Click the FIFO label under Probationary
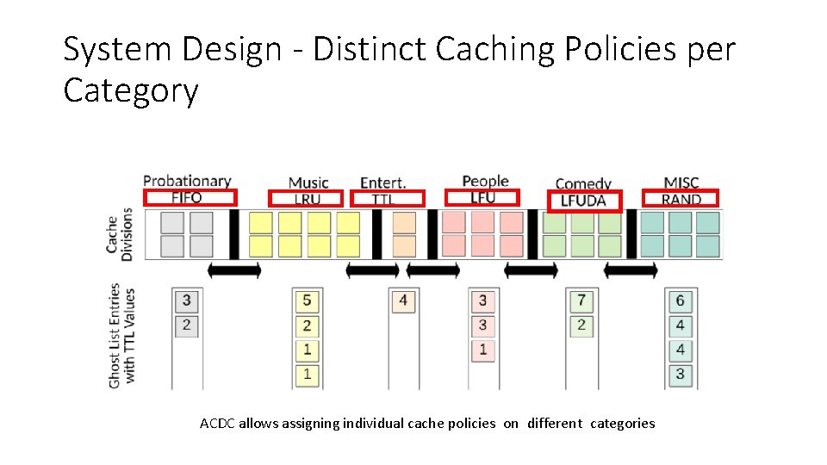point(187,198)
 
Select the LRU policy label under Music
point(307,199)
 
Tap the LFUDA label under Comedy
point(583,201)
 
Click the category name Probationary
point(187,181)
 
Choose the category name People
point(485,181)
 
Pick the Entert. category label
point(382,183)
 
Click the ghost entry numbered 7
point(581,301)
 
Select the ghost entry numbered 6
point(681,301)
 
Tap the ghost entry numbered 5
point(307,301)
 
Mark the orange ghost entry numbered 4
point(402,301)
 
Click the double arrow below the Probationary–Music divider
point(233,270)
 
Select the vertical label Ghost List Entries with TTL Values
point(121,336)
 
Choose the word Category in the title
point(130,90)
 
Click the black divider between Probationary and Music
point(233,233)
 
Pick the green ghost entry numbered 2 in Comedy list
point(581,325)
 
